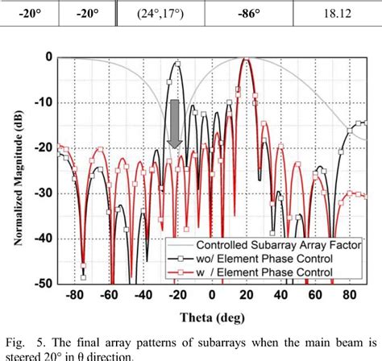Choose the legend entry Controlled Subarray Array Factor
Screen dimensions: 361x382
259,246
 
